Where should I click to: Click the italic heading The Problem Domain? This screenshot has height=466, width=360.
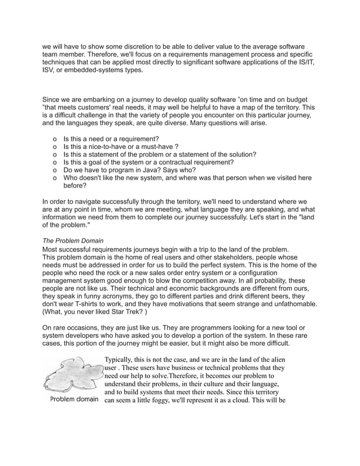click(73, 241)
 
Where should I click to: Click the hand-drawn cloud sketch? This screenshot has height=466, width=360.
click(73, 375)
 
